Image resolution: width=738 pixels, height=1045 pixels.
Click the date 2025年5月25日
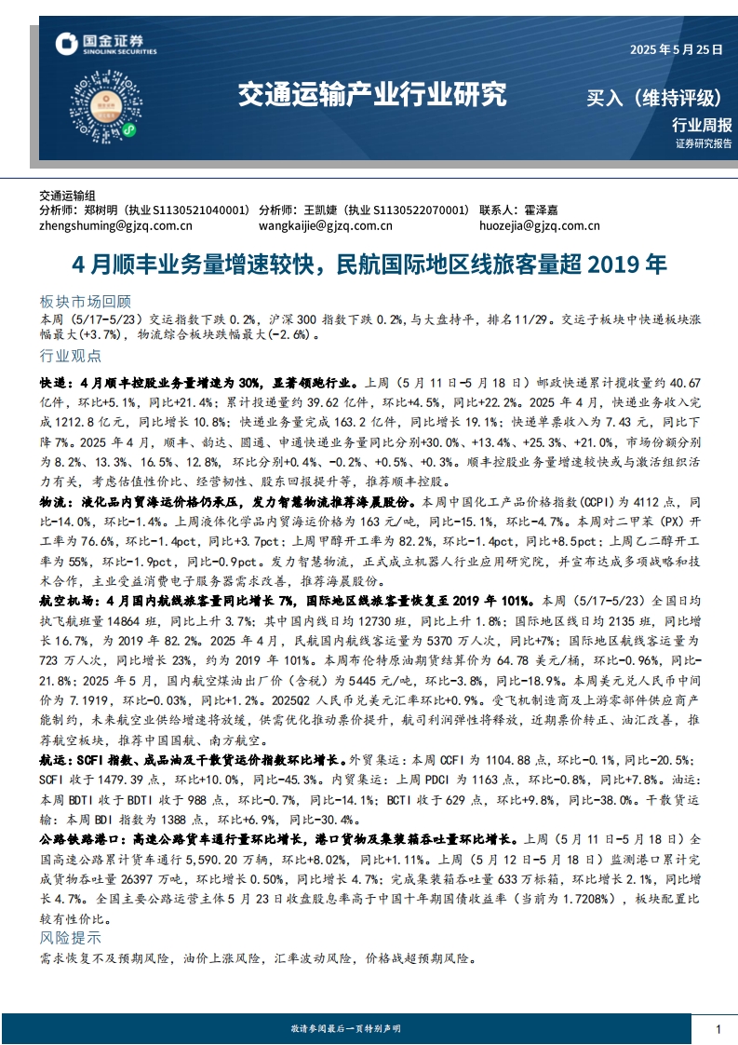coord(676,50)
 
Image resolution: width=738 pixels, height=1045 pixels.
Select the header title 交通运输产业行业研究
coord(372,95)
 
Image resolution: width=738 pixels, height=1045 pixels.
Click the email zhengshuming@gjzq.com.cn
coord(116,225)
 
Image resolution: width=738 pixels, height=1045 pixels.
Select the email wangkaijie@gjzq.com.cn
coord(326,225)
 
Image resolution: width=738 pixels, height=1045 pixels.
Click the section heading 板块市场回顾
coord(86,302)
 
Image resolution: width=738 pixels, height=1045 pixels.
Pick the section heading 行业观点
coord(70,357)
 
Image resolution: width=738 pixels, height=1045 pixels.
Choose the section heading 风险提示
coord(70,938)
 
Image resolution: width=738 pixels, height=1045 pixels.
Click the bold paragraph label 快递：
coord(55,383)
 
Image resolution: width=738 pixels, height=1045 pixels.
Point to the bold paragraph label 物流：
coord(55,502)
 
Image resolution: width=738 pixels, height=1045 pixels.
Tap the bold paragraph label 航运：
coord(55,760)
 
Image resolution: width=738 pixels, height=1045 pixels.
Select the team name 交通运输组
coord(68,197)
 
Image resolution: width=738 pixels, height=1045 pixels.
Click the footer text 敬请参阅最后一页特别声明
coord(345,1028)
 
